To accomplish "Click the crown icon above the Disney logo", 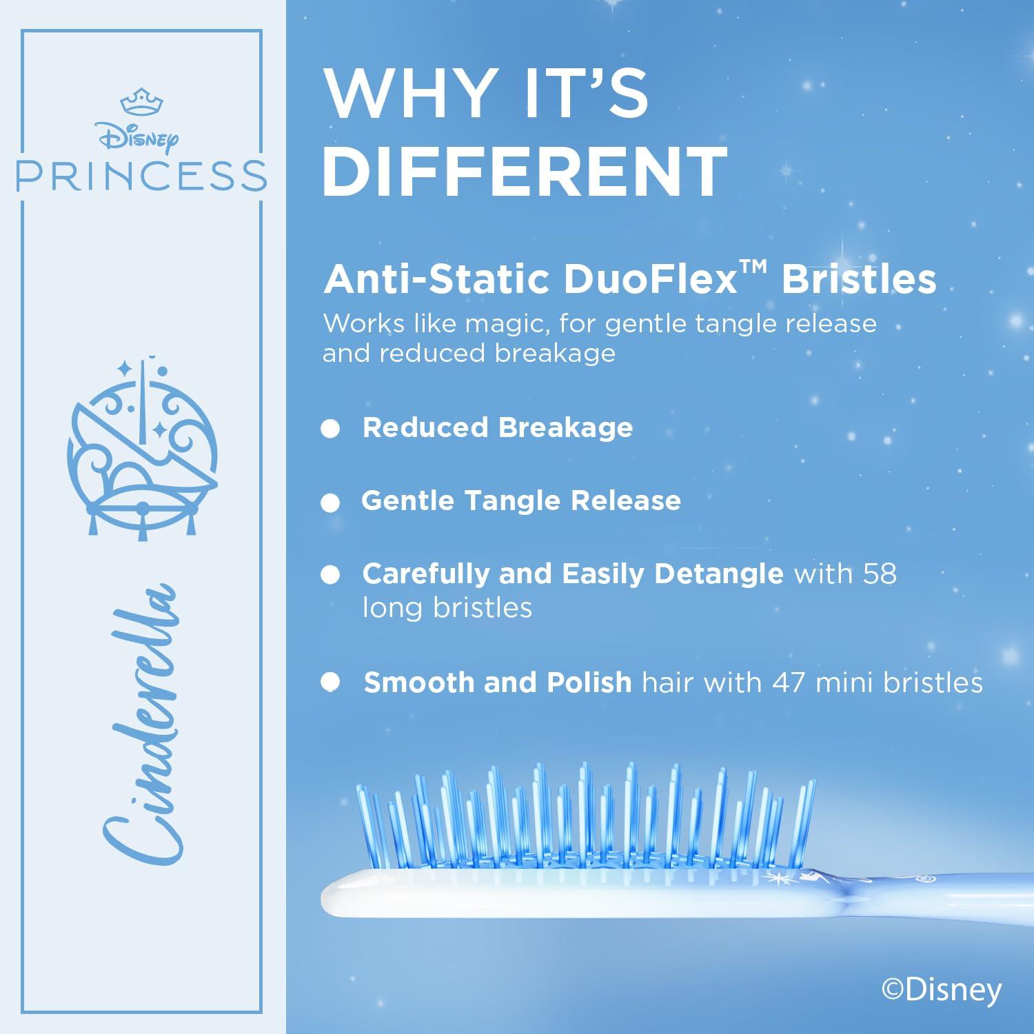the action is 141,101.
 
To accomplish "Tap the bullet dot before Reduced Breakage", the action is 331,429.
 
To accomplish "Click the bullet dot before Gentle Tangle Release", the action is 331,503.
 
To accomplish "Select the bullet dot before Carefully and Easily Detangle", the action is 331,575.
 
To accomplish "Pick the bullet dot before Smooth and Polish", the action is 331,682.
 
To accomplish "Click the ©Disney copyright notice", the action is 942,990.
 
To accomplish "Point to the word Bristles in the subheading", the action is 859,279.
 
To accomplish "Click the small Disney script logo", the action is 141,136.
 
